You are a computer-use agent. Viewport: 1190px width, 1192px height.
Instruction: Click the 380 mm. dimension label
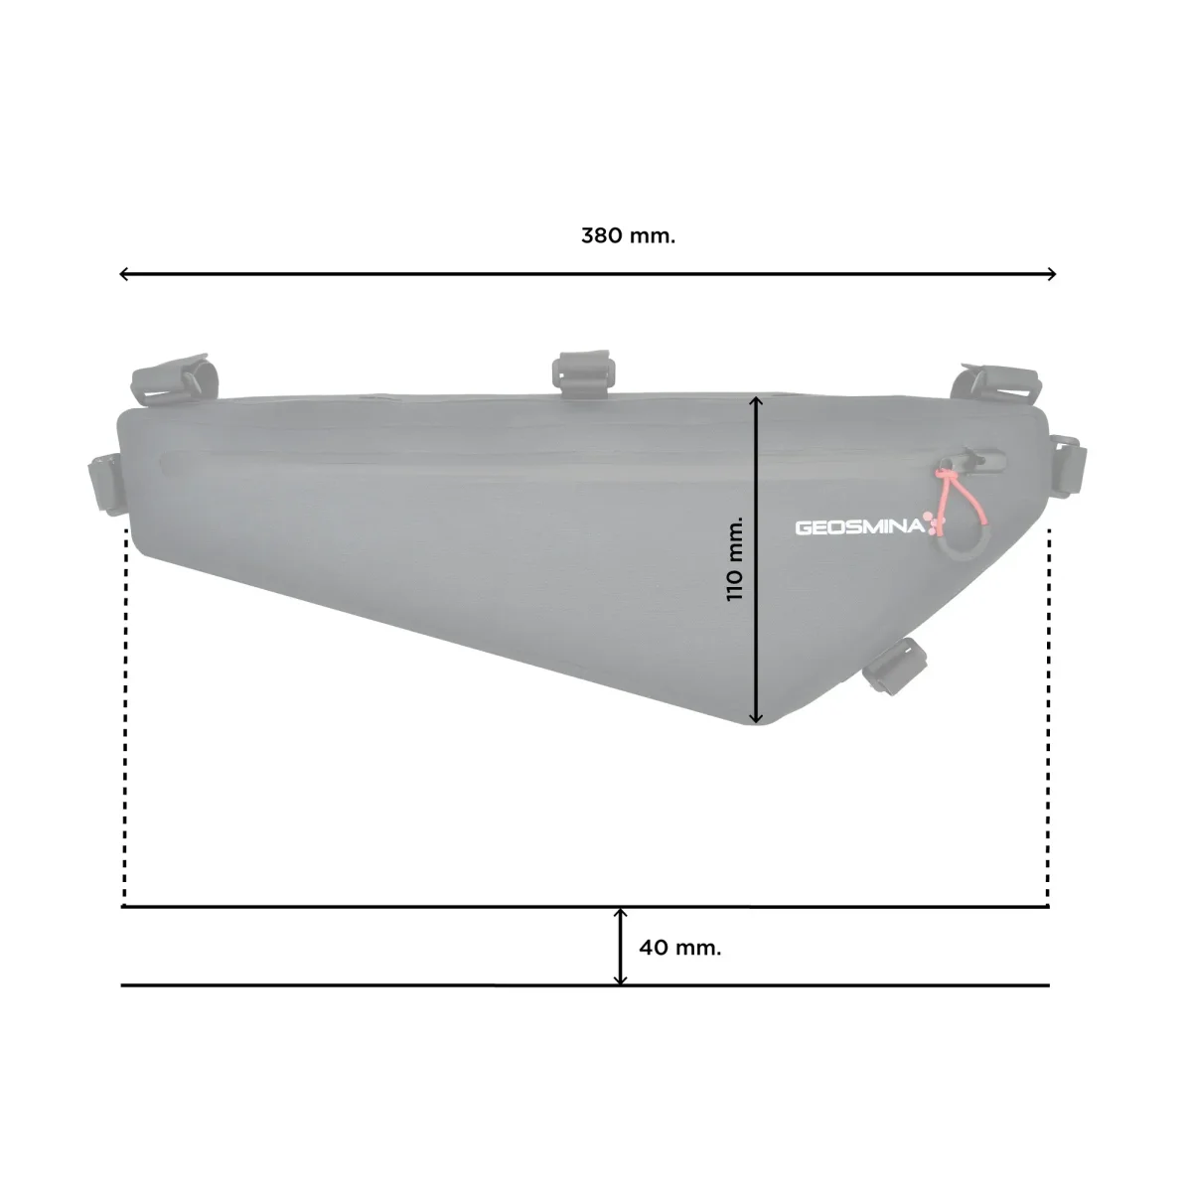tap(628, 236)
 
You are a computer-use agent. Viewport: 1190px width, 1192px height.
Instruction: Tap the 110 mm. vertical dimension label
tap(735, 558)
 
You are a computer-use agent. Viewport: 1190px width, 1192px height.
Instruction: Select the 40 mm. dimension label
tap(679, 948)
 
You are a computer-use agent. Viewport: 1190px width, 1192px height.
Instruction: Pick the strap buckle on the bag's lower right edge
tap(894, 665)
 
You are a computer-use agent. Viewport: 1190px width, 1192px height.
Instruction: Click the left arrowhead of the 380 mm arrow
tap(123, 274)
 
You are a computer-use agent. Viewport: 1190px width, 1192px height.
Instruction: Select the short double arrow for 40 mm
tap(621, 947)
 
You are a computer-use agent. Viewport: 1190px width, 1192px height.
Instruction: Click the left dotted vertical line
tap(124, 715)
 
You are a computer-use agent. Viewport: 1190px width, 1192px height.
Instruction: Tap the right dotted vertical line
tap(1048, 715)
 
